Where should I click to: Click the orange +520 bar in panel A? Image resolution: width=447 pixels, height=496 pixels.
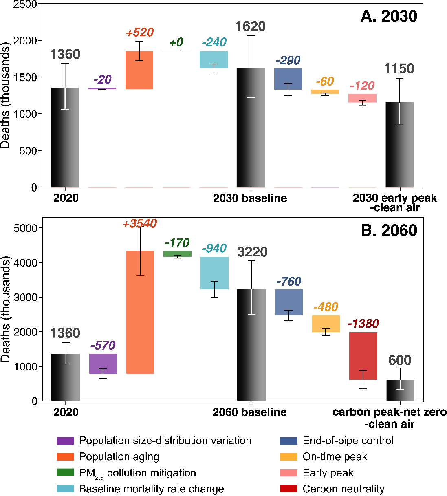coord(139,70)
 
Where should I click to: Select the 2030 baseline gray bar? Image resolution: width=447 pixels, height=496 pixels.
coord(251,128)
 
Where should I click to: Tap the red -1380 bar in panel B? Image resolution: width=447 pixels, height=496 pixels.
coord(363,356)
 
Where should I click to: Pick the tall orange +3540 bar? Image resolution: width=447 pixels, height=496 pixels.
coord(140,312)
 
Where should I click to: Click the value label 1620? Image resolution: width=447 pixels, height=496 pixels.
coord(251,27)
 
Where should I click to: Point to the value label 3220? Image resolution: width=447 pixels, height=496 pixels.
coord(252,252)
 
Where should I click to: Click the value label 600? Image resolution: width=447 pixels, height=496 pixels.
coord(400,360)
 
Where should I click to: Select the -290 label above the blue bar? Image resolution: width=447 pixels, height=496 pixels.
coord(288,61)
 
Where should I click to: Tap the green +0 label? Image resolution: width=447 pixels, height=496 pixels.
coord(176,42)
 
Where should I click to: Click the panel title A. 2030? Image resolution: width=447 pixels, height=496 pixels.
coord(389,16)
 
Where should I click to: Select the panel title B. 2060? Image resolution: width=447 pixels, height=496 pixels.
coord(389,231)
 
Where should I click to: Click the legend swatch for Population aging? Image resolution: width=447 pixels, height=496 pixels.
coord(65,457)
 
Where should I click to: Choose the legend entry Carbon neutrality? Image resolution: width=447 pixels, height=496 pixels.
coord(344,489)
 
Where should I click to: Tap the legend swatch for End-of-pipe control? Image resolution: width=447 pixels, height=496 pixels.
coord(288,441)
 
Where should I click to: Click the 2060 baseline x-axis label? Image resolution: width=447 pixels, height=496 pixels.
coord(249,412)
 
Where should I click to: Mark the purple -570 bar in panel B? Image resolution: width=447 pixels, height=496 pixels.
coord(103,364)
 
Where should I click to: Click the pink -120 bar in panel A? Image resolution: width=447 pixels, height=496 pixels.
coord(363,98)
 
